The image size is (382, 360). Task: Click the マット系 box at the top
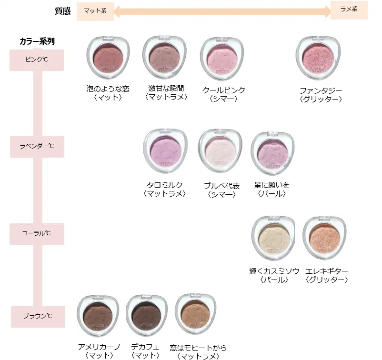coord(95,11)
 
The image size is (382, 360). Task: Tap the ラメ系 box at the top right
coord(349,10)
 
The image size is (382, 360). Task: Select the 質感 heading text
coord(63,11)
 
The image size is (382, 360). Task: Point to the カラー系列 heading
coord(37,41)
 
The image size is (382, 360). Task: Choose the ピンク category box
coord(37,60)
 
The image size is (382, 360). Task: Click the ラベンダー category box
coord(37,147)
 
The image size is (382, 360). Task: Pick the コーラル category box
coord(37,234)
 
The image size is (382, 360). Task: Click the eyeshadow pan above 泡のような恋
coord(108,59)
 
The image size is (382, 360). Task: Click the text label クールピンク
coord(223,90)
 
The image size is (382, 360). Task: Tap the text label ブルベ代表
coord(221,186)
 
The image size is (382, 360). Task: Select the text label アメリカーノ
coord(99,348)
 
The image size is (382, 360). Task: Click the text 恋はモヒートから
coord(198,348)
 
